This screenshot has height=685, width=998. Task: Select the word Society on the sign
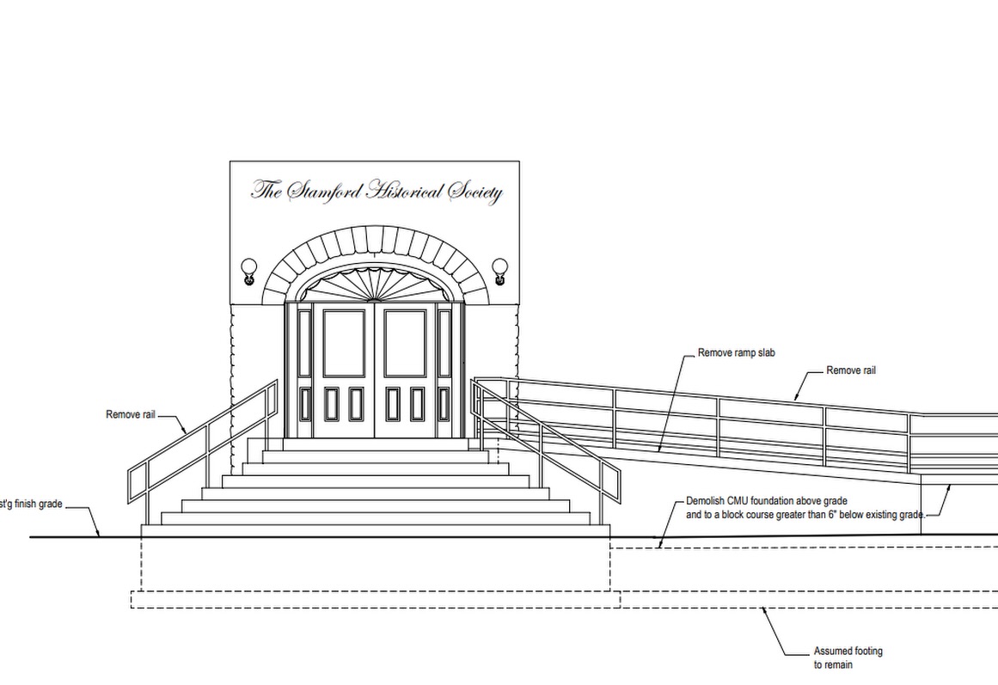(475, 192)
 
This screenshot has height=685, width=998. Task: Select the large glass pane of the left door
(344, 343)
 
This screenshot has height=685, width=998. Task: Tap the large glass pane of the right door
(405, 343)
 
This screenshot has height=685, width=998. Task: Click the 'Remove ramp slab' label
(737, 352)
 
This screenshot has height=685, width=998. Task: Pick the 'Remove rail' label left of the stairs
(131, 415)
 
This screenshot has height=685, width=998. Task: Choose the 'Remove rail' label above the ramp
(851, 370)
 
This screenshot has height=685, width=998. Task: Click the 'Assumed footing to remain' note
(848, 657)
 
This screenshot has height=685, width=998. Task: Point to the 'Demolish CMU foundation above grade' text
(766, 502)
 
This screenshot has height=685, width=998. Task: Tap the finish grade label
(31, 505)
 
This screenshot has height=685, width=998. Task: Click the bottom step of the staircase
(376, 530)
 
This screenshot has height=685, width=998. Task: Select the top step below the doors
(375, 444)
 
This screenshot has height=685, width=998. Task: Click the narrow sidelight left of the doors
(304, 342)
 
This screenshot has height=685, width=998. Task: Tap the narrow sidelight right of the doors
(444, 342)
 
